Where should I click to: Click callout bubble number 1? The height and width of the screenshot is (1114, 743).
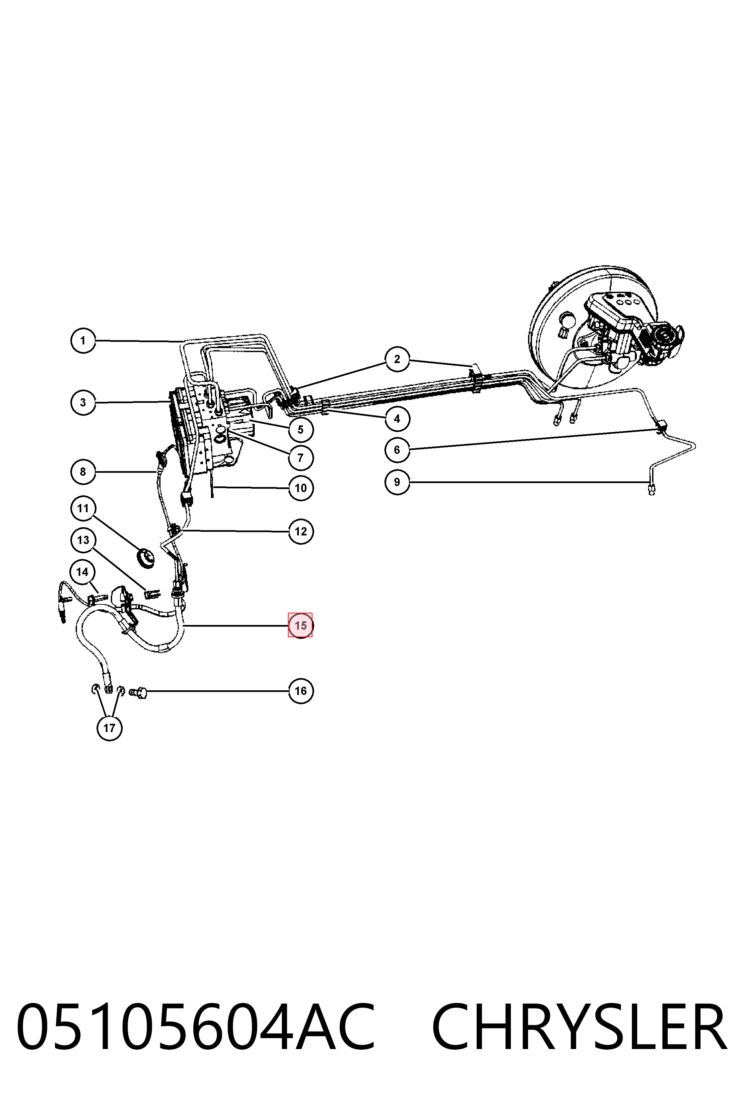[83, 340]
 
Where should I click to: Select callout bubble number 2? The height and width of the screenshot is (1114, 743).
[397, 359]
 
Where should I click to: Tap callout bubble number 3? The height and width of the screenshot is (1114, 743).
[83, 402]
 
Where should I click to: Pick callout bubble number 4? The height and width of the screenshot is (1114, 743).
[397, 419]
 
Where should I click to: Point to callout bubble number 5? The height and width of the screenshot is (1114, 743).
[301, 430]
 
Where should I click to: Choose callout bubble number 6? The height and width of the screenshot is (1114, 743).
[397, 450]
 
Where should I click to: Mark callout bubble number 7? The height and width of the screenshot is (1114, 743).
[301, 458]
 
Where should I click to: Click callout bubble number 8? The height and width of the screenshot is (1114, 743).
[83, 472]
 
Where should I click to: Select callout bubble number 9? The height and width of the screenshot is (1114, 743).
[397, 482]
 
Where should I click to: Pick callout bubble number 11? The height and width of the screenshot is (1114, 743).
[83, 508]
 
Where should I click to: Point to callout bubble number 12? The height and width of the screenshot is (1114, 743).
[301, 531]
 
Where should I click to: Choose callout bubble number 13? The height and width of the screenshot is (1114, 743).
[83, 540]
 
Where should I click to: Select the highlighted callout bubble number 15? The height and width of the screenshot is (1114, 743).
[301, 626]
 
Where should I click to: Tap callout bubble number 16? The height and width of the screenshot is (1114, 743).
[301, 691]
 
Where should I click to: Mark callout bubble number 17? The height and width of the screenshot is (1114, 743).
[109, 728]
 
